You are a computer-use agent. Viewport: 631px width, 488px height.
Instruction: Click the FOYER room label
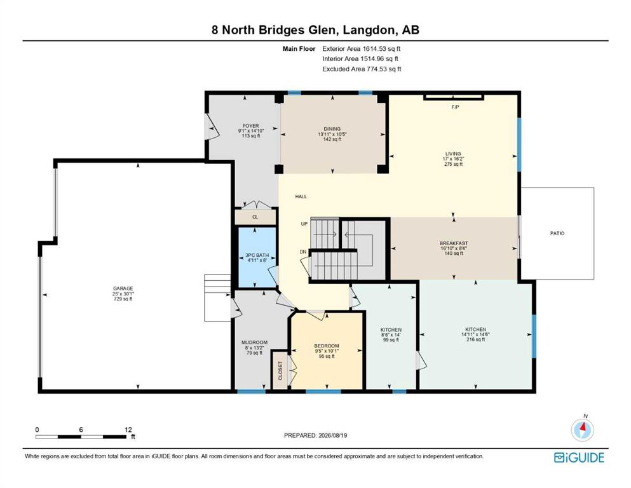[251, 126]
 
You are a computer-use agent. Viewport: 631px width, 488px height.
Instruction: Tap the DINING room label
[332, 129]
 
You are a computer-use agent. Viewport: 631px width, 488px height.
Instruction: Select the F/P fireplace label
[455, 107]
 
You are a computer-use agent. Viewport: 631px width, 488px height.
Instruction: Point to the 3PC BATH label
[257, 255]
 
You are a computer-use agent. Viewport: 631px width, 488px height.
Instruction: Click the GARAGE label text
[123, 288]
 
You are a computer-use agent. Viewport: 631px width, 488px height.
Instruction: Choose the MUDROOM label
[254, 342]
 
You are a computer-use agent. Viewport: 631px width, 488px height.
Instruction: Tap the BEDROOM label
[327, 346]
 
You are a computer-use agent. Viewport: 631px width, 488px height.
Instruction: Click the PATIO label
[557, 233]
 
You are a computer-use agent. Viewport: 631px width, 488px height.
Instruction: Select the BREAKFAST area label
[454, 243]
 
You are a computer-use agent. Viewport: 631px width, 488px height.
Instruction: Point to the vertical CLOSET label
[280, 370]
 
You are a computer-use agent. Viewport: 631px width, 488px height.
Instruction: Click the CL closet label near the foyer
[255, 217]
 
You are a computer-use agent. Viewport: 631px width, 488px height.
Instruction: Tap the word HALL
[301, 197]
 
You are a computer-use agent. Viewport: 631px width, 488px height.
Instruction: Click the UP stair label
[304, 224]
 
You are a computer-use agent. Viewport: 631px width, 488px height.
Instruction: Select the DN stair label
[303, 252]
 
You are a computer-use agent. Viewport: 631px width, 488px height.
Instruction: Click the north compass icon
[582, 429]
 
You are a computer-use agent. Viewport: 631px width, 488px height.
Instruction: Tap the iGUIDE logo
[579, 457]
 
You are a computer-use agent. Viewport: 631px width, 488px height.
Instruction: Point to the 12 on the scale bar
[128, 430]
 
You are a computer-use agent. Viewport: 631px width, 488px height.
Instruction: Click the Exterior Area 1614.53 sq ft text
[362, 49]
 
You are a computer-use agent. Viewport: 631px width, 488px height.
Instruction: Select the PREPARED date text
[315, 435]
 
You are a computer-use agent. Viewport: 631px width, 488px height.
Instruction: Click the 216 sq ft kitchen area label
[476, 339]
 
